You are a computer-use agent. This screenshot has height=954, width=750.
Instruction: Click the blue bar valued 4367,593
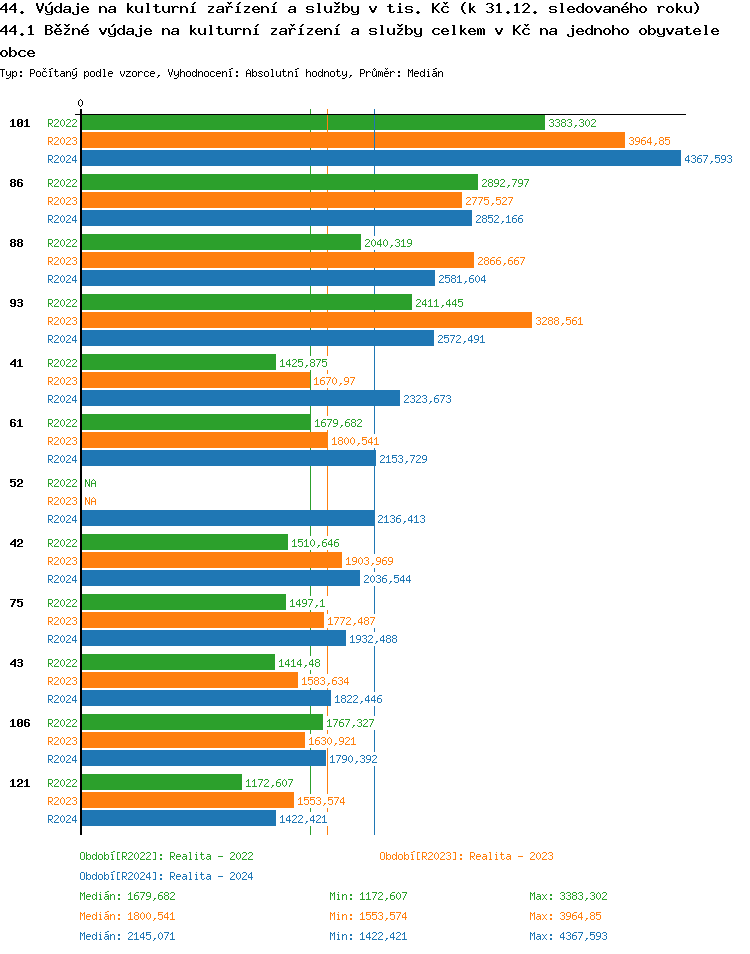pyautogui.click(x=380, y=158)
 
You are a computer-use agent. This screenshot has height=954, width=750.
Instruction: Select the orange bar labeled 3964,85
pyautogui.click(x=352, y=141)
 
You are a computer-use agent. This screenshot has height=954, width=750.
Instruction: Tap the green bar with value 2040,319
pyautogui.click(x=221, y=242)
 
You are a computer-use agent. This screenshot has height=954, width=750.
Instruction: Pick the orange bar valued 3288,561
pyautogui.click(x=306, y=320)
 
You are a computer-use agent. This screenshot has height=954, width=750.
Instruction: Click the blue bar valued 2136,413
pyautogui.click(x=228, y=518)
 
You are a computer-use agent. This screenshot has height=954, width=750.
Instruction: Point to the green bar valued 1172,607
pyautogui.click(x=161, y=782)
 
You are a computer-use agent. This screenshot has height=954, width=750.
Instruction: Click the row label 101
pyautogui.click(x=18, y=123)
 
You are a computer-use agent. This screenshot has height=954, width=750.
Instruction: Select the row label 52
pyautogui.click(x=16, y=483)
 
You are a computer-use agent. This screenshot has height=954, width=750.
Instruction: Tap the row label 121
pyautogui.click(x=18, y=783)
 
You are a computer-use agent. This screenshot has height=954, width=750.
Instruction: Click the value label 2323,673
pyautogui.click(x=427, y=399)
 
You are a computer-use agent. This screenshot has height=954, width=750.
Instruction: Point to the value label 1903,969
pyautogui.click(x=369, y=561)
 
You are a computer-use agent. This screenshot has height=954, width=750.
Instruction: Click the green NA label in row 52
pyautogui.click(x=90, y=483)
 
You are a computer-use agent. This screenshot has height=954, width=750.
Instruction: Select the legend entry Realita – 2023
pyautogui.click(x=466, y=856)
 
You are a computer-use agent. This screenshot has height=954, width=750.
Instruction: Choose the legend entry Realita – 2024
pyautogui.click(x=166, y=876)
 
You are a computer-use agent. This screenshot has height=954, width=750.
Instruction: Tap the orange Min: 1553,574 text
pyautogui.click(x=368, y=916)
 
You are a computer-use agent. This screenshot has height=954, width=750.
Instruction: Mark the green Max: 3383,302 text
pyautogui.click(x=568, y=896)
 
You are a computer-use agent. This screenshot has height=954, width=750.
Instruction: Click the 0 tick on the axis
pyautogui.click(x=81, y=103)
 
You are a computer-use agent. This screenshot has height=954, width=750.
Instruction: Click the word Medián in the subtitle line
pyautogui.click(x=426, y=73)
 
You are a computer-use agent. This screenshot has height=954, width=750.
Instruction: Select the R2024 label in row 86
pyautogui.click(x=62, y=219)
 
